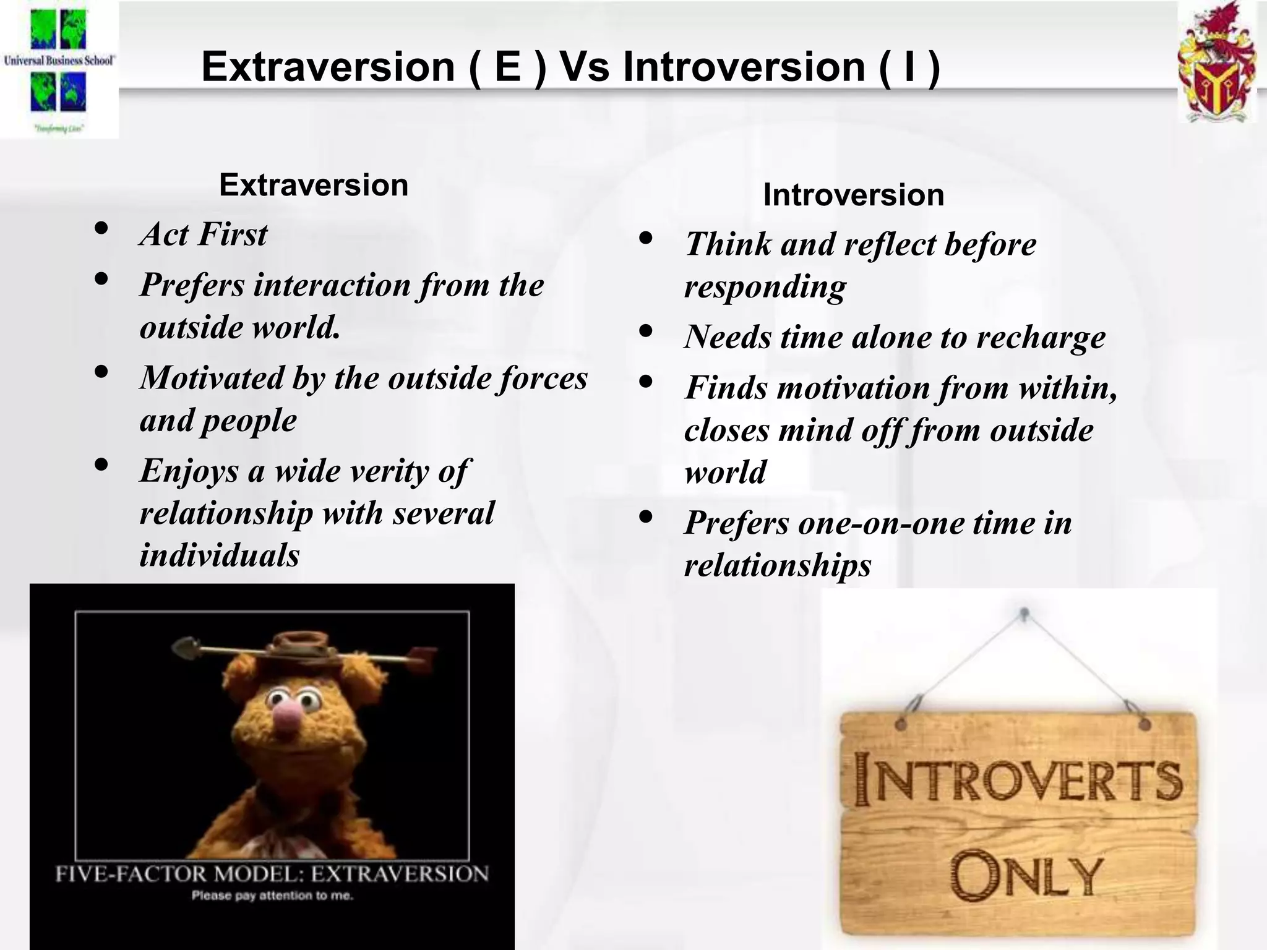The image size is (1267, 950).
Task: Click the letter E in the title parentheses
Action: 508,67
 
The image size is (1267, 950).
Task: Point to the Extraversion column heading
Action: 314,185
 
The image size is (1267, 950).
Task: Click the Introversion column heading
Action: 853,195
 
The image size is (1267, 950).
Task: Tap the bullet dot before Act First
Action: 102,229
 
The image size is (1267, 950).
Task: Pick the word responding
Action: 765,287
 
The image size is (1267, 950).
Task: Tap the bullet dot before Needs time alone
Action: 646,332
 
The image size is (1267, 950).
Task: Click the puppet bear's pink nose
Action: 286,721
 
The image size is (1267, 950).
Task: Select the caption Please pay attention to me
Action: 272,896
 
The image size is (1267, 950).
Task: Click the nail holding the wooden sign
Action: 1024,614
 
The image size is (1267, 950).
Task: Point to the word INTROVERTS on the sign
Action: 1018,781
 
